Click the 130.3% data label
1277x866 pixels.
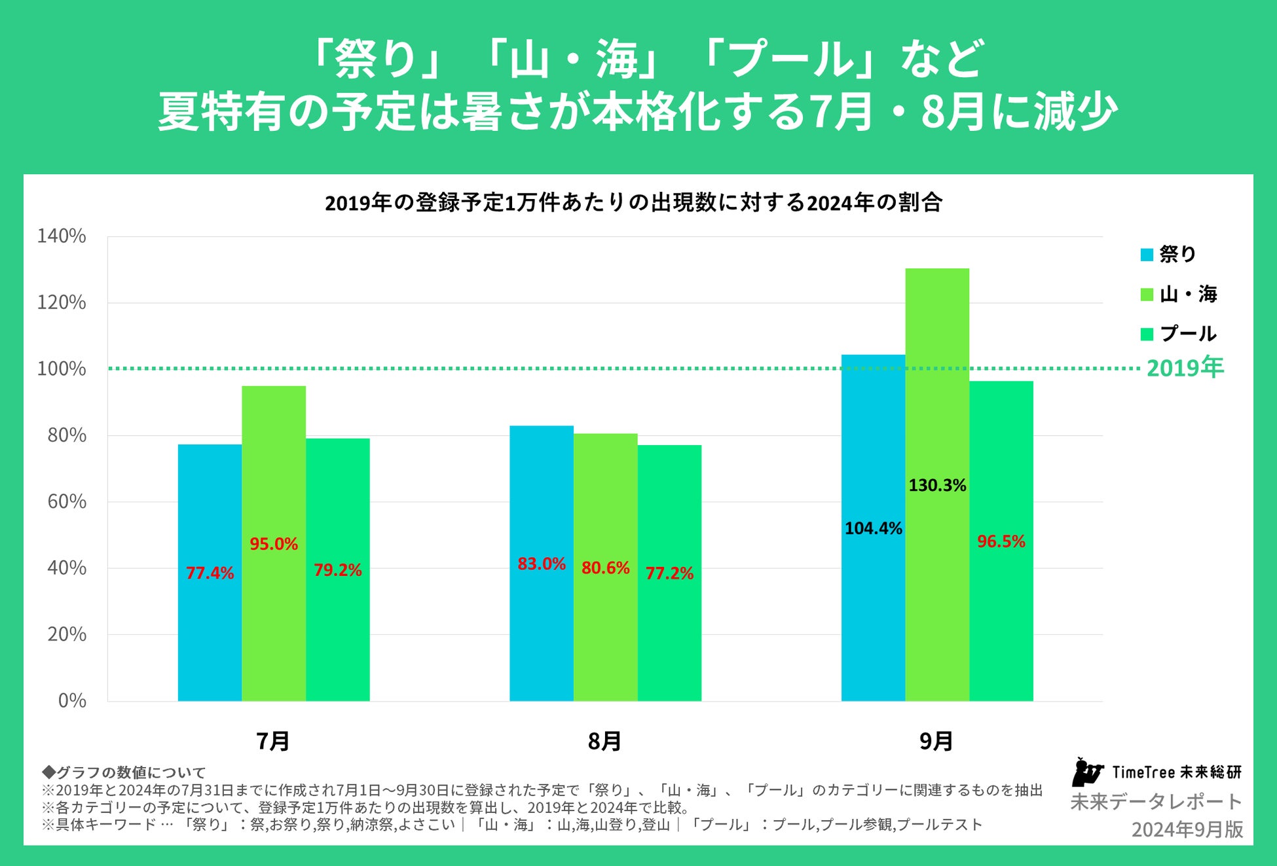click(937, 486)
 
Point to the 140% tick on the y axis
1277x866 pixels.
click(62, 236)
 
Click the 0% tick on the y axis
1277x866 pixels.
click(72, 700)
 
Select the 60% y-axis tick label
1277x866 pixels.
click(67, 501)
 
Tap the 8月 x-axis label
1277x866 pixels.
click(604, 741)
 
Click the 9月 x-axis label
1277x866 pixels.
click(936, 741)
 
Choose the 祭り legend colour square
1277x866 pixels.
click(1147, 255)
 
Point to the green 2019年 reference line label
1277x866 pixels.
click(1185, 368)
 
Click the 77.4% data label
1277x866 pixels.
click(210, 573)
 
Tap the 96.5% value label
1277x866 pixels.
click(1001, 541)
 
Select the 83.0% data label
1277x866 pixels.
click(542, 564)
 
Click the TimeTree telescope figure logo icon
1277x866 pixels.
click(1086, 772)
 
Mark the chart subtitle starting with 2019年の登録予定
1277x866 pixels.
click(633, 203)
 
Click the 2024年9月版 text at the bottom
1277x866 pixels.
click(1187, 829)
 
